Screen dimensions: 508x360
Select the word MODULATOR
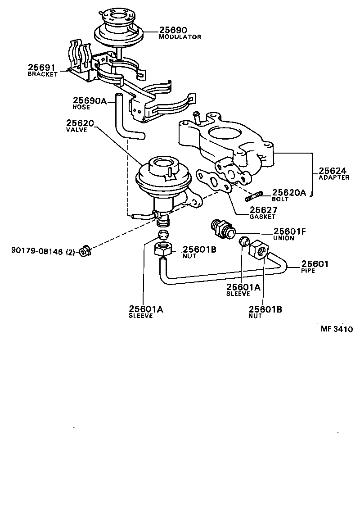(x=180, y=37)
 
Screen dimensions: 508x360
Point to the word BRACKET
(x=43, y=74)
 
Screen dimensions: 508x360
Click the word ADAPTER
(x=334, y=177)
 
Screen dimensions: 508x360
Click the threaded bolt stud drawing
(x=254, y=196)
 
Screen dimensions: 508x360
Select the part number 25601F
(x=289, y=231)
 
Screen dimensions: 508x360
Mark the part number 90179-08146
(x=36, y=251)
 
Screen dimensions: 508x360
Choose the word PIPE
(x=309, y=271)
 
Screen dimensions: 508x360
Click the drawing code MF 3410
(x=336, y=329)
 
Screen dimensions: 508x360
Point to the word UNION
(x=283, y=238)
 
